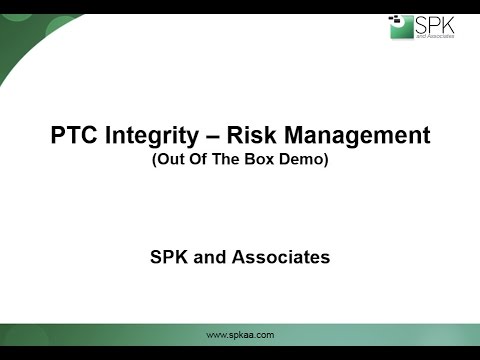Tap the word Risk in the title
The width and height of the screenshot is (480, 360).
[250, 135]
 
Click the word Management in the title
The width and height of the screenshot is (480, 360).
[355, 135]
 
